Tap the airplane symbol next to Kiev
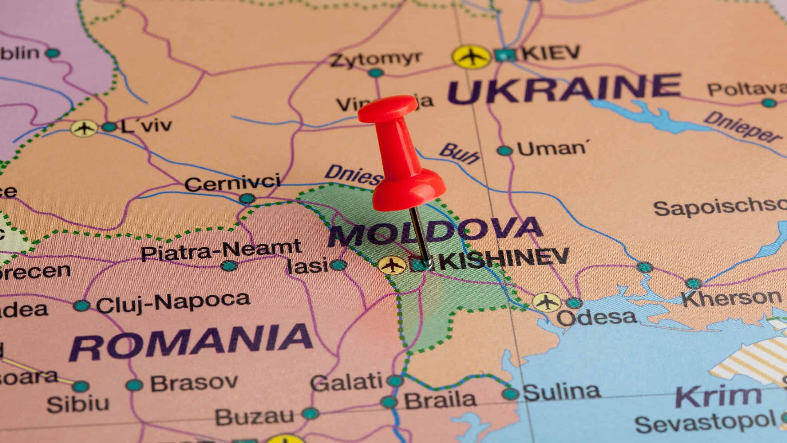pos(471,56)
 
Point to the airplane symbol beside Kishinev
pos(391,265)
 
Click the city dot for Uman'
pos(504,150)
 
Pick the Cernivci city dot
pos(247,198)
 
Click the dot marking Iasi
pos(338,265)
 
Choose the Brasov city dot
pos(134,385)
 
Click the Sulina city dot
pos(511,393)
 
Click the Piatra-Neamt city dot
pos(229,265)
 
